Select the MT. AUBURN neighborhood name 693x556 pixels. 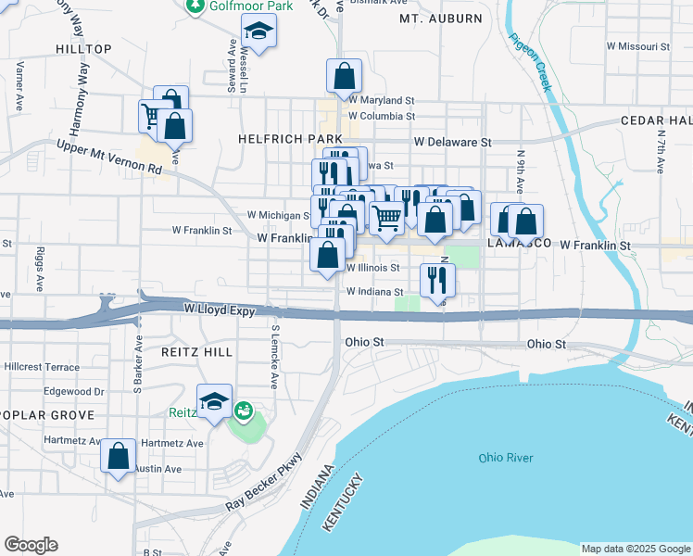tap(441, 19)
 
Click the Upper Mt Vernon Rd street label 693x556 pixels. tap(108, 158)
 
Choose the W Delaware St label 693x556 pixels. tap(452, 143)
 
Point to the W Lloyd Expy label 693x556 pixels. tap(219, 310)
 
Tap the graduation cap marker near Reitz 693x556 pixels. tap(215, 401)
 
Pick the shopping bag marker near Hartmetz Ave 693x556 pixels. tap(118, 456)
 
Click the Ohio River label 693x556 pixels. tap(504, 458)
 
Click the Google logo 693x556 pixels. tap(31, 545)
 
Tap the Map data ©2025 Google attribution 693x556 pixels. tap(636, 549)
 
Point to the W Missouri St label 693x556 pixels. tap(637, 45)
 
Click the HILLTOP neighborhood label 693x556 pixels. tap(83, 49)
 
